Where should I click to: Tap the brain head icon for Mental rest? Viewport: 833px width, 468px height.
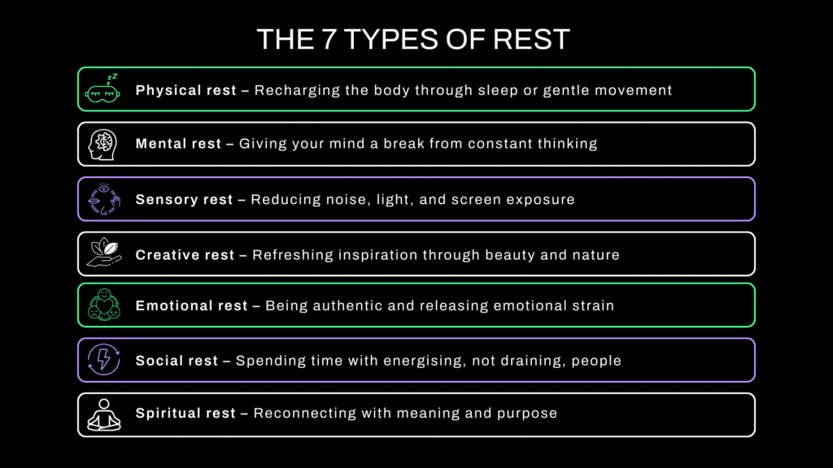pyautogui.click(x=102, y=145)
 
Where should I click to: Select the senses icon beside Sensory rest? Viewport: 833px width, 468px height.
pyautogui.click(x=104, y=199)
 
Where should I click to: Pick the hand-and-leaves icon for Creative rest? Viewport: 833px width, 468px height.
pyautogui.click(x=104, y=253)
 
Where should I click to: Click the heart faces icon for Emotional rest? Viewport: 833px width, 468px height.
pyautogui.click(x=104, y=305)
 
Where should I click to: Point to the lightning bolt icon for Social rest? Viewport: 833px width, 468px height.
pyautogui.click(x=103, y=360)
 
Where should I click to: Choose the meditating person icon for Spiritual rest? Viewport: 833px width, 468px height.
pyautogui.click(x=104, y=415)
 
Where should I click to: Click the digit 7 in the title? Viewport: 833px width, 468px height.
pyautogui.click(x=328, y=39)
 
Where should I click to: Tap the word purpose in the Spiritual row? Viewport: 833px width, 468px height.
pyautogui.click(x=527, y=414)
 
